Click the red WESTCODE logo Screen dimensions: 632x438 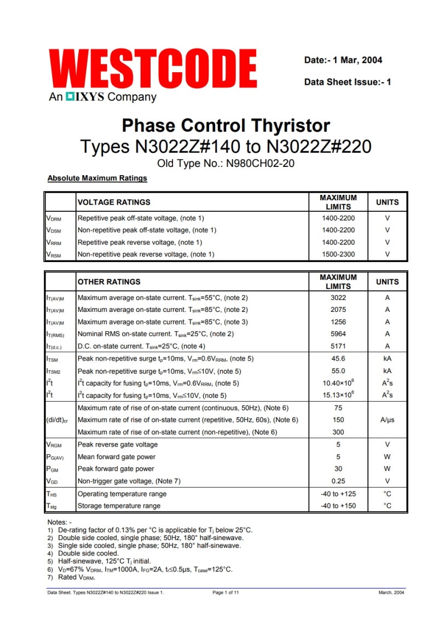tap(153, 69)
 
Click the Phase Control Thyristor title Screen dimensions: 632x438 tap(226, 125)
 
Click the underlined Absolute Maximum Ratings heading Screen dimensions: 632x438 tap(97, 178)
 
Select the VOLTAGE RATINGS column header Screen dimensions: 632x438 tap(114, 202)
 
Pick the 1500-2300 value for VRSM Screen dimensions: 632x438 tap(338, 254)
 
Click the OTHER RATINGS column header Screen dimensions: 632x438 tap(109, 282)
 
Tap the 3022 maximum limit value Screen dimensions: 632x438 tap(338, 298)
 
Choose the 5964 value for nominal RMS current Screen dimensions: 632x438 tap(338, 334)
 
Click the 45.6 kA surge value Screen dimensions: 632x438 tap(338, 359)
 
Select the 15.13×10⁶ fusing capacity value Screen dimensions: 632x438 tap(338, 395)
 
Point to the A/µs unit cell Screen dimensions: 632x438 tap(387, 420)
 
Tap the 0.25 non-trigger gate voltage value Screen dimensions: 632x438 tap(338, 482)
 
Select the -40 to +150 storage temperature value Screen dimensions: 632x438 tap(338, 506)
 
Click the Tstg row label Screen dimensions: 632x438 tap(53, 506)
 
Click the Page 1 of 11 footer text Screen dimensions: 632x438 tap(226, 593)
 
